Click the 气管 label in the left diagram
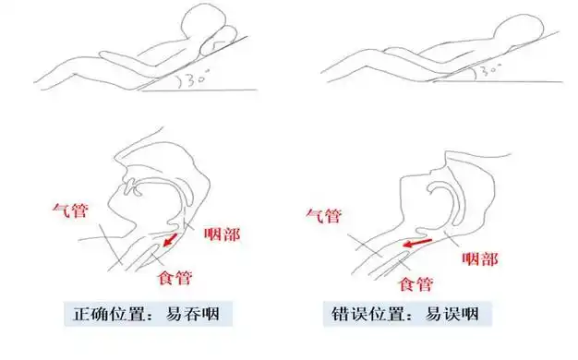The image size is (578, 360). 70,211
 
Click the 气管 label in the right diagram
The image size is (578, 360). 322,217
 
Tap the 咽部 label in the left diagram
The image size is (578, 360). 221,234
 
